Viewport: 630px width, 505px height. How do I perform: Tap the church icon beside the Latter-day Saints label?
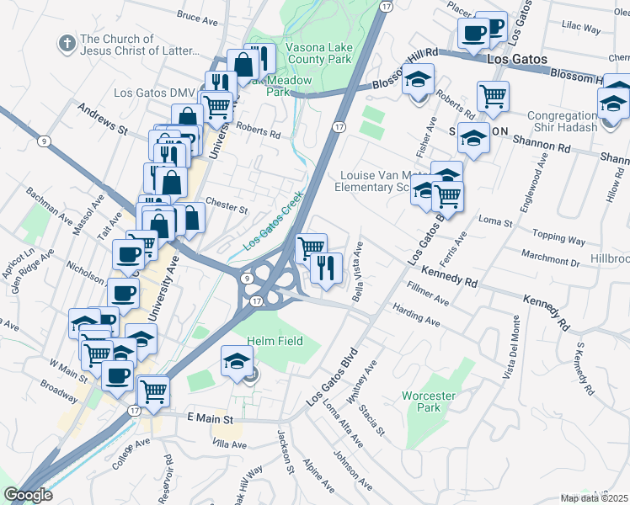(x=65, y=42)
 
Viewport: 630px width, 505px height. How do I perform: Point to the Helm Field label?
(x=273, y=341)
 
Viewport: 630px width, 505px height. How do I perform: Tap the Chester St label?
(x=227, y=208)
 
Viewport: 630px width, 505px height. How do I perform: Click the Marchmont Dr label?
(x=550, y=261)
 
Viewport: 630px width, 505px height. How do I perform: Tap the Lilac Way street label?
(x=581, y=29)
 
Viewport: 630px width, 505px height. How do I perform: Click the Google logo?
(x=28, y=496)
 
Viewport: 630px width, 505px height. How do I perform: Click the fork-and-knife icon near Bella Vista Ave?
(x=325, y=268)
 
